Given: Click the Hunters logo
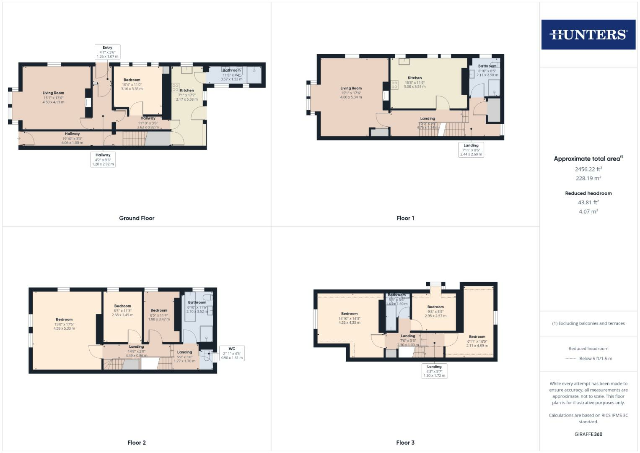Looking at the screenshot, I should click(x=588, y=34).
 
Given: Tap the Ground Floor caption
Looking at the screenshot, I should click(x=137, y=218).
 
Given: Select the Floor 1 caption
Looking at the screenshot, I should click(x=405, y=218).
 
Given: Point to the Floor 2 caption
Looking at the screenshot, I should click(x=137, y=443).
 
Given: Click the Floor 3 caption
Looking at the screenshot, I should click(x=405, y=443).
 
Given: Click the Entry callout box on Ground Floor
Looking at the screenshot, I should click(x=107, y=52).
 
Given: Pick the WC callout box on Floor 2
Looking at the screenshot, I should click(x=232, y=353).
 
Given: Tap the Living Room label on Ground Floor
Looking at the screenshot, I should click(x=53, y=93).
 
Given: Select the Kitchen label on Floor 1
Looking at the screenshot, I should click(x=415, y=78).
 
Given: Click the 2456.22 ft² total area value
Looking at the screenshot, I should click(x=588, y=169).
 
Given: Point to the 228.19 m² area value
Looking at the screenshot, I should click(x=588, y=178).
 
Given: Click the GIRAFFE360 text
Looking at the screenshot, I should click(x=588, y=434).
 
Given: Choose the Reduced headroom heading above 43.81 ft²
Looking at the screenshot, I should click(x=588, y=193).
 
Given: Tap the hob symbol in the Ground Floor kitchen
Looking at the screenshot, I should click(x=175, y=88).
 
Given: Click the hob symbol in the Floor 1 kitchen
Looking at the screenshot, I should click(x=394, y=85).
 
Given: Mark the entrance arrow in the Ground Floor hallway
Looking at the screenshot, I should click(x=19, y=138).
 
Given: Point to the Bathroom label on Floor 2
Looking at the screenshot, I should click(x=197, y=302).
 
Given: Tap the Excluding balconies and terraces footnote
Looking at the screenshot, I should click(x=588, y=323).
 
